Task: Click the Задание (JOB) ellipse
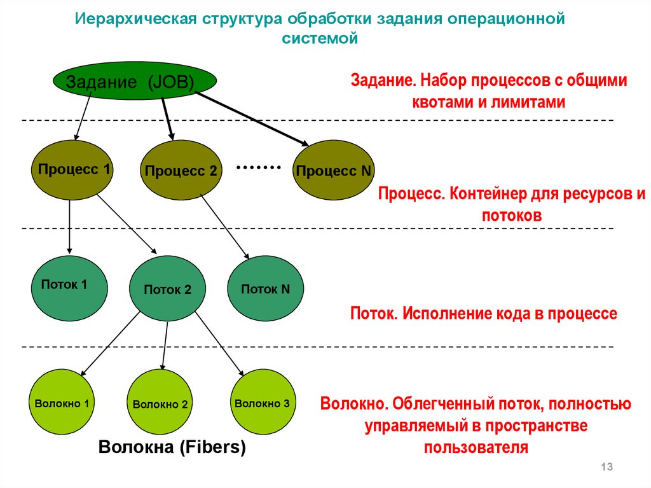[135, 81]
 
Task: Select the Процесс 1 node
[72, 170]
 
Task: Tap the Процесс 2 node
[181, 171]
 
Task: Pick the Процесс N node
[333, 170]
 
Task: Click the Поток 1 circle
[69, 288]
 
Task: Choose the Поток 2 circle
[167, 289]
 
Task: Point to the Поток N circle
[265, 288]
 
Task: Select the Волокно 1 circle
[62, 402]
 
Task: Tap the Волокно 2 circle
[160, 402]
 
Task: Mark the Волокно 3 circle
[263, 402]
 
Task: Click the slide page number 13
[606, 466]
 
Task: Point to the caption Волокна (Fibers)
[172, 447]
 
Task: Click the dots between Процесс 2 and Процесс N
[258, 167]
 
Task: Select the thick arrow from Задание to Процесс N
[252, 119]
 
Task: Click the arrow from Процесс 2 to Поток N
[225, 227]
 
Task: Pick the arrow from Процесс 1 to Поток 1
[69, 227]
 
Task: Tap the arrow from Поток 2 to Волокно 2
[165, 346]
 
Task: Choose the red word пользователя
[476, 448]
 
